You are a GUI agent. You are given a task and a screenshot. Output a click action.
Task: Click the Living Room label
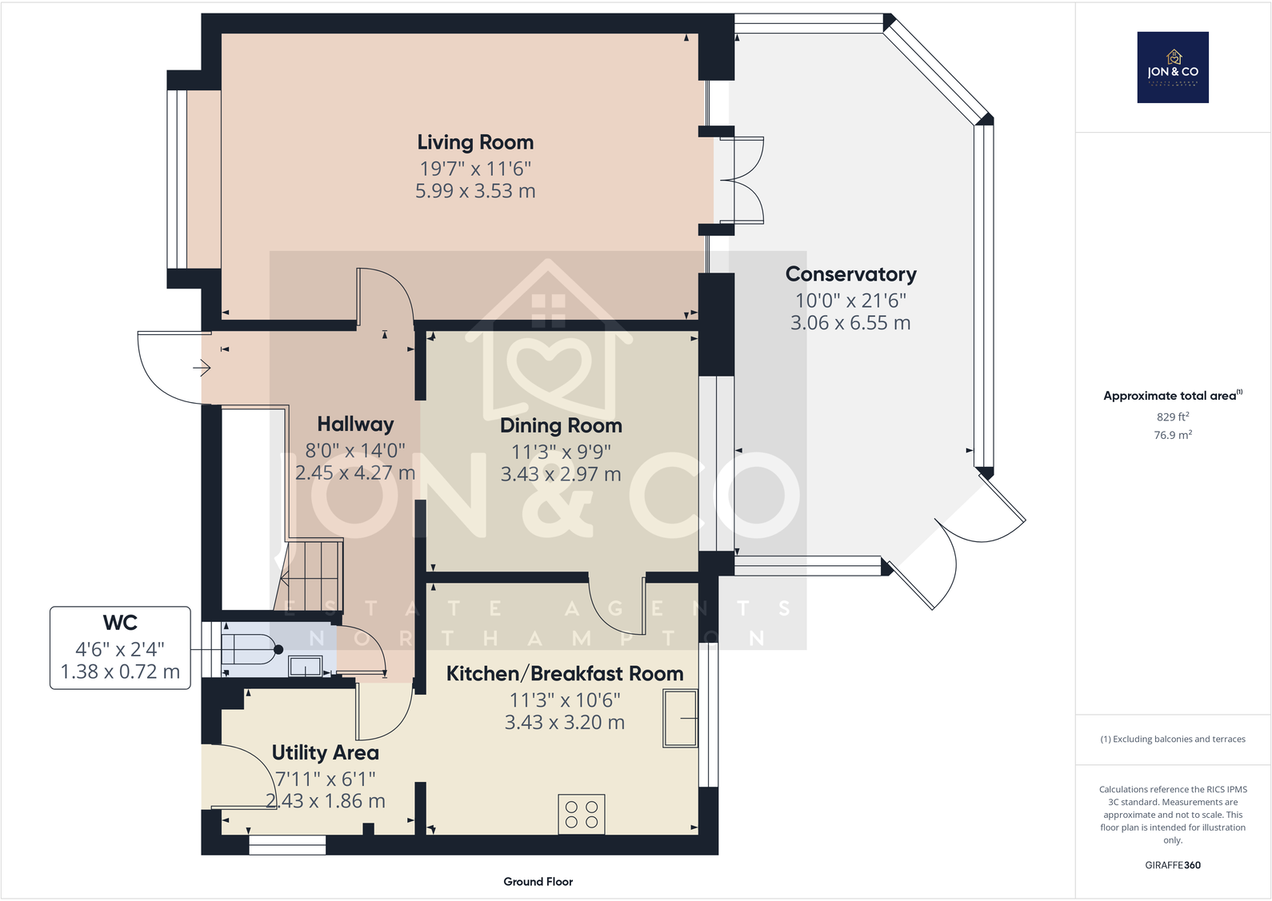[x=475, y=142]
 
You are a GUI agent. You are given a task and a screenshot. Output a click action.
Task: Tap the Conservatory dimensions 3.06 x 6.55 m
[x=850, y=323]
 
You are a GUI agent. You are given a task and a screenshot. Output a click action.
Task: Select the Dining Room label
[x=561, y=425]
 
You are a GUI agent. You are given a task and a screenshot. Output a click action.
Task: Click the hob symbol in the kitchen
[x=582, y=815]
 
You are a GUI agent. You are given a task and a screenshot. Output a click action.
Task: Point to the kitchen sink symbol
[x=680, y=719]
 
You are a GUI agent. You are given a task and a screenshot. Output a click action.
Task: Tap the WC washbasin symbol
[x=306, y=665]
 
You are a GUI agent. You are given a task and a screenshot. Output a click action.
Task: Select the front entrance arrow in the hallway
[x=201, y=368]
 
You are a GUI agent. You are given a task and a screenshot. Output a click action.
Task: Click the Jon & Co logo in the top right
[x=1173, y=67]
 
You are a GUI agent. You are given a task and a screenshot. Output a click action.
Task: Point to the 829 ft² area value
[x=1173, y=417]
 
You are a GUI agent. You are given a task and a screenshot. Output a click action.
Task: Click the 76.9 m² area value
[x=1173, y=435]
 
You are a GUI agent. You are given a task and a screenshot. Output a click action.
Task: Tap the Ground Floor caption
[x=538, y=882]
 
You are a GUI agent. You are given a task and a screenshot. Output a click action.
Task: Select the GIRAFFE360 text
[x=1173, y=865]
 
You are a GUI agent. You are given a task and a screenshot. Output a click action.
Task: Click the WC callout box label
[x=120, y=623]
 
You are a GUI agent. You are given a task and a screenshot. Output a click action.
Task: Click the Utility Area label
[x=325, y=752]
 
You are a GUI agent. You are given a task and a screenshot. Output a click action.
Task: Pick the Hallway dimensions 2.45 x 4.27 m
[x=355, y=473]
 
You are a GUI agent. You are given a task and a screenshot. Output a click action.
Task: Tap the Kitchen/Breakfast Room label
[x=565, y=674]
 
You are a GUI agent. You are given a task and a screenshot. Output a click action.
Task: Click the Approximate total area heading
[x=1171, y=396]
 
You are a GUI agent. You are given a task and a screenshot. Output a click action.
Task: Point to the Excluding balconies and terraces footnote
[x=1173, y=740]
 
